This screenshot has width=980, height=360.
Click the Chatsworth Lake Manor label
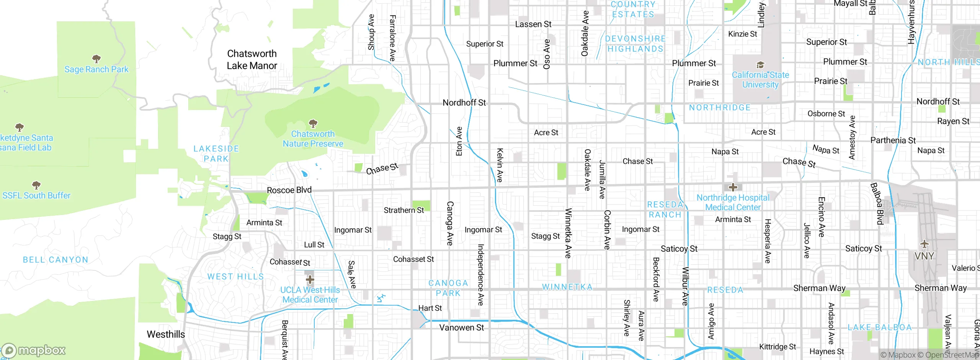tap(252, 60)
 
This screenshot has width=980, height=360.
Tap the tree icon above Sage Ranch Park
tap(96, 59)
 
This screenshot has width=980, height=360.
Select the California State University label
tap(760, 80)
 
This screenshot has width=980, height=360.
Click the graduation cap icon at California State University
tap(760, 65)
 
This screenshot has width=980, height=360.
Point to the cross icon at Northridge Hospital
tap(733, 187)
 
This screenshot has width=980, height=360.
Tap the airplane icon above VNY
tap(924, 244)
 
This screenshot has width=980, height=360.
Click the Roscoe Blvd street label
tap(289, 190)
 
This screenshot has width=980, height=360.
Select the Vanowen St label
tap(461, 328)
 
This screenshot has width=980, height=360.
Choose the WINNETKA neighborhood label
tap(567, 287)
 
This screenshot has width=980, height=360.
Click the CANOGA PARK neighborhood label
tap(448, 288)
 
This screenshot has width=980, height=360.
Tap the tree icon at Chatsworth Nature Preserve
tap(313, 123)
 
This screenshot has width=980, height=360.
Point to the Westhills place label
tap(166, 334)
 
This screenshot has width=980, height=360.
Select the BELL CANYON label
tap(56, 260)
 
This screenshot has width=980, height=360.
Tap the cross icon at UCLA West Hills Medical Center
tap(310, 279)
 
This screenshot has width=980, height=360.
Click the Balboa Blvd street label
tap(877, 203)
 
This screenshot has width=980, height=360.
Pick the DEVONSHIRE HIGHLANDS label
tap(635, 44)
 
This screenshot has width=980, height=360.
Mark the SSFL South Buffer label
tap(36, 196)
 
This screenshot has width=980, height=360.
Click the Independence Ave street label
tap(481, 275)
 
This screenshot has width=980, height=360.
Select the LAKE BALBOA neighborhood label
tap(880, 327)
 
